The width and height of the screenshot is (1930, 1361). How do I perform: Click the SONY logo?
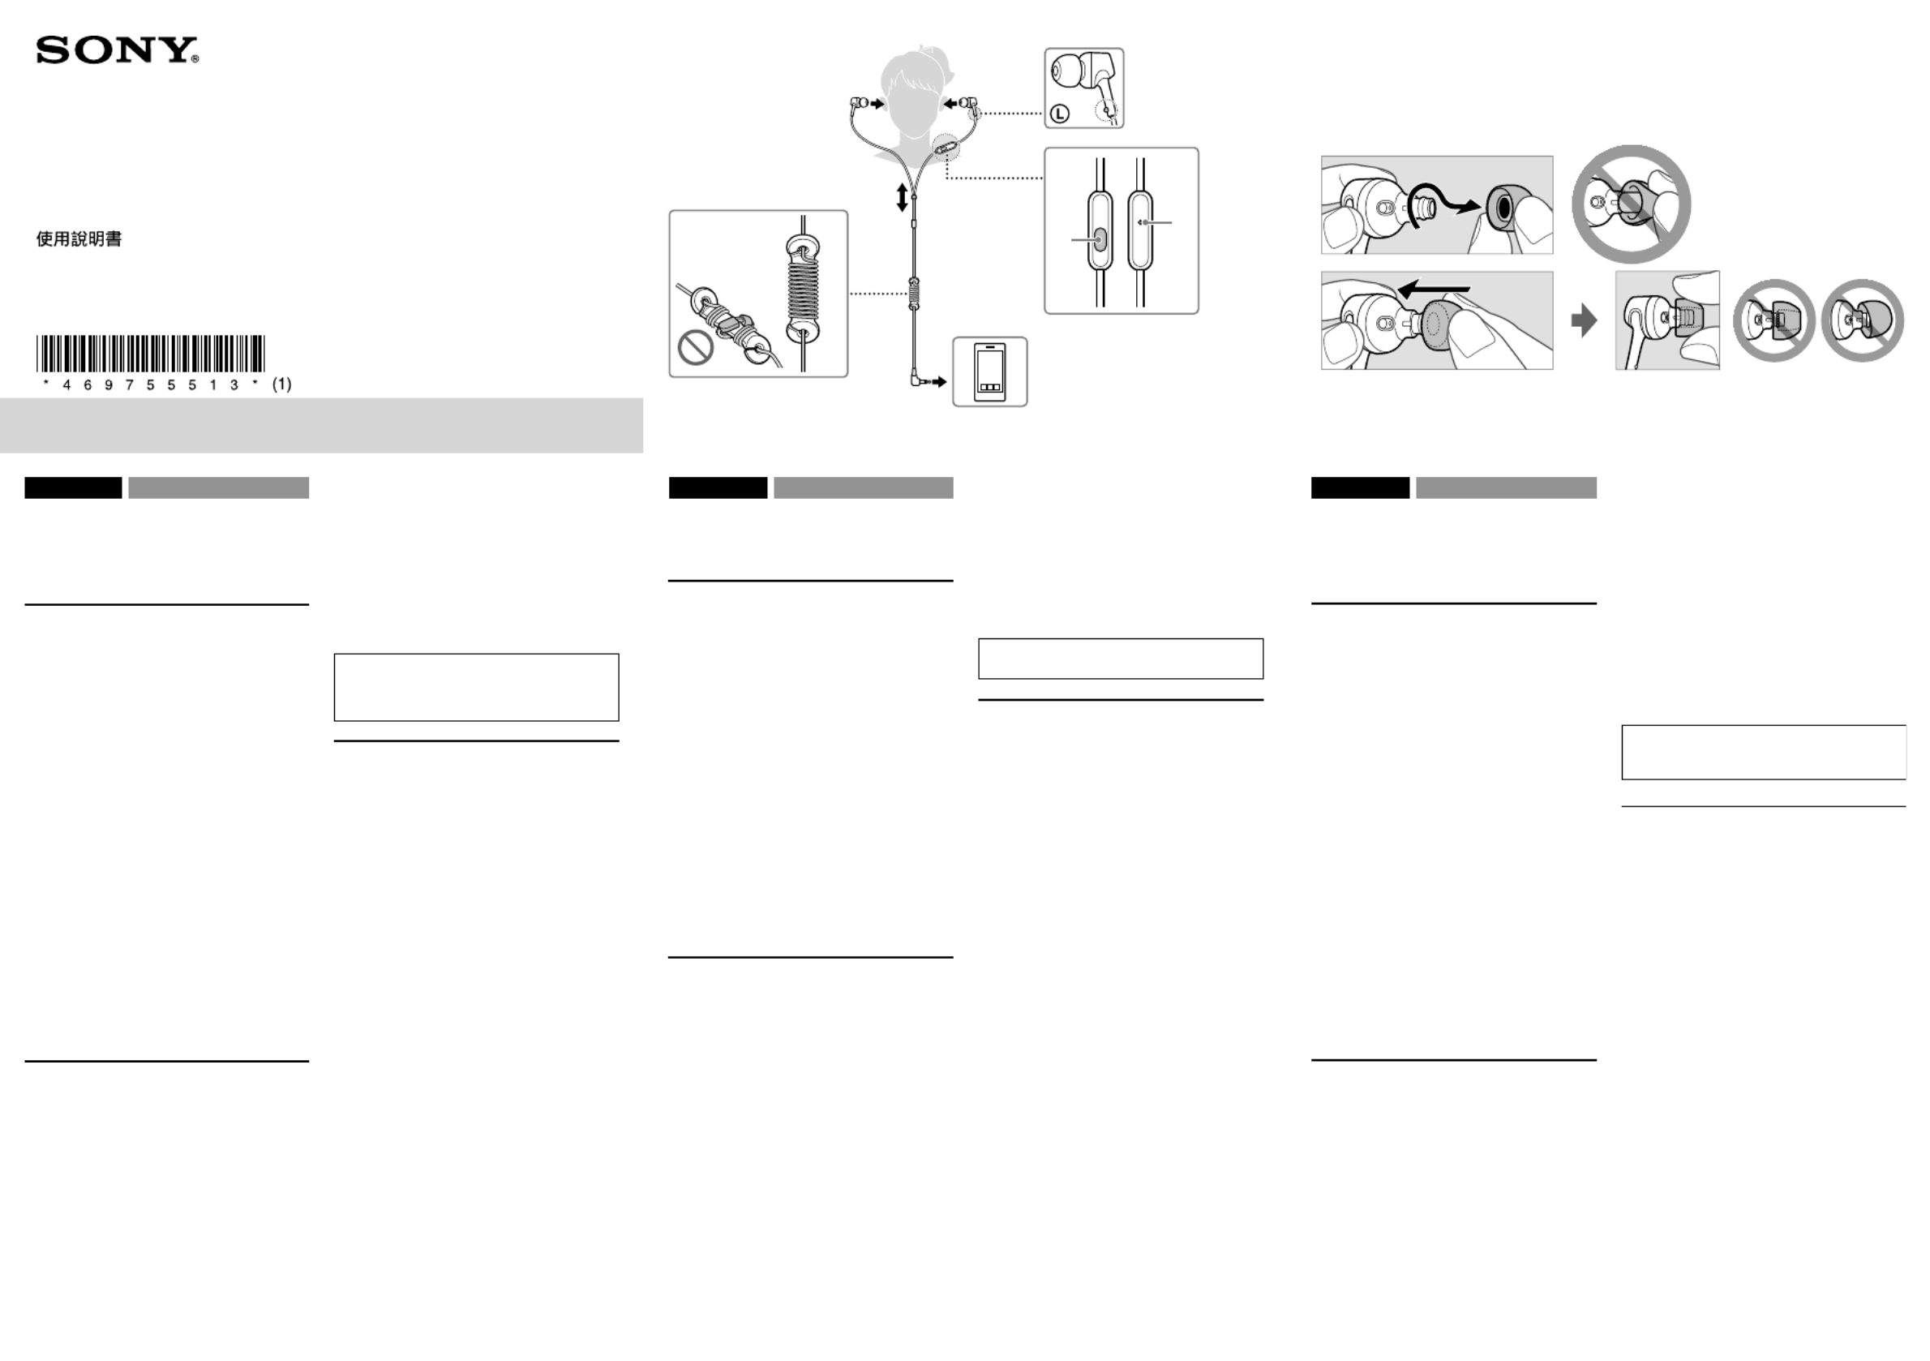pyautogui.click(x=117, y=50)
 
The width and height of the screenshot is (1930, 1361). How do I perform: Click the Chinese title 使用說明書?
pyautogui.click(x=79, y=239)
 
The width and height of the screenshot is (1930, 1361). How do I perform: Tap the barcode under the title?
pyautogui.click(x=151, y=353)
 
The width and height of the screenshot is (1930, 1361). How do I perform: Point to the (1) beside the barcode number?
pyautogui.click(x=281, y=384)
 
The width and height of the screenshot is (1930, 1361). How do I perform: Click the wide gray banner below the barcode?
pyautogui.click(x=321, y=425)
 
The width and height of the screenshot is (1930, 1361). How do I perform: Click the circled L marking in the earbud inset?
pyautogui.click(x=1059, y=113)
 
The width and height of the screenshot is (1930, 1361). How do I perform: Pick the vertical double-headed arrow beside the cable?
pyautogui.click(x=902, y=197)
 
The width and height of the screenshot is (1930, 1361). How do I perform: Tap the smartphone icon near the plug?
pyautogui.click(x=989, y=371)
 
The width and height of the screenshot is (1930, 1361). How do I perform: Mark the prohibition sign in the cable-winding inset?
pyautogui.click(x=695, y=347)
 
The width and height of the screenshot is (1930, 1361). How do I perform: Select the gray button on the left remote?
pyautogui.click(x=1100, y=239)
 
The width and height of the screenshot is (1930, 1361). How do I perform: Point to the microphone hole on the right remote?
pyautogui.click(x=1141, y=222)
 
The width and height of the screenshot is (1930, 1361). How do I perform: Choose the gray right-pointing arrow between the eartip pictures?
pyautogui.click(x=1584, y=320)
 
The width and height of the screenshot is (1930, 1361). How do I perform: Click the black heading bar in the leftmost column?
pyautogui.click(x=73, y=487)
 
